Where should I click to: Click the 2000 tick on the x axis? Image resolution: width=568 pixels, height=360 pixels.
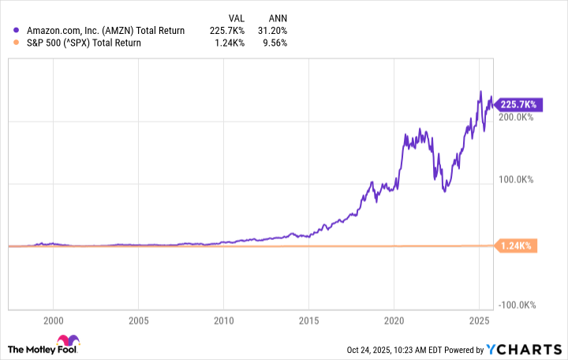53,321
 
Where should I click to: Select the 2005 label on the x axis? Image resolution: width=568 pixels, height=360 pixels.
138,321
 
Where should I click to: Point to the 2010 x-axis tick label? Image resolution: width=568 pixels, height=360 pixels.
223,321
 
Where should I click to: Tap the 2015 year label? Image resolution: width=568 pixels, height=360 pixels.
308,321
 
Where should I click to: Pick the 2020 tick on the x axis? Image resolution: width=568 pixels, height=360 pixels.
394,321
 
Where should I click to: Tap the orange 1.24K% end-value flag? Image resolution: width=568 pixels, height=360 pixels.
517,246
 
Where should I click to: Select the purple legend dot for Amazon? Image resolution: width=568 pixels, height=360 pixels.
17,31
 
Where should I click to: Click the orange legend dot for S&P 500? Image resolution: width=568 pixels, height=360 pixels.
17,43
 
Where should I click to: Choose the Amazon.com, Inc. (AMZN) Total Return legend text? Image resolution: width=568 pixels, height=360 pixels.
105,31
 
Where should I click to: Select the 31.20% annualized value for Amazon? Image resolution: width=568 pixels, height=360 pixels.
272,31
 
